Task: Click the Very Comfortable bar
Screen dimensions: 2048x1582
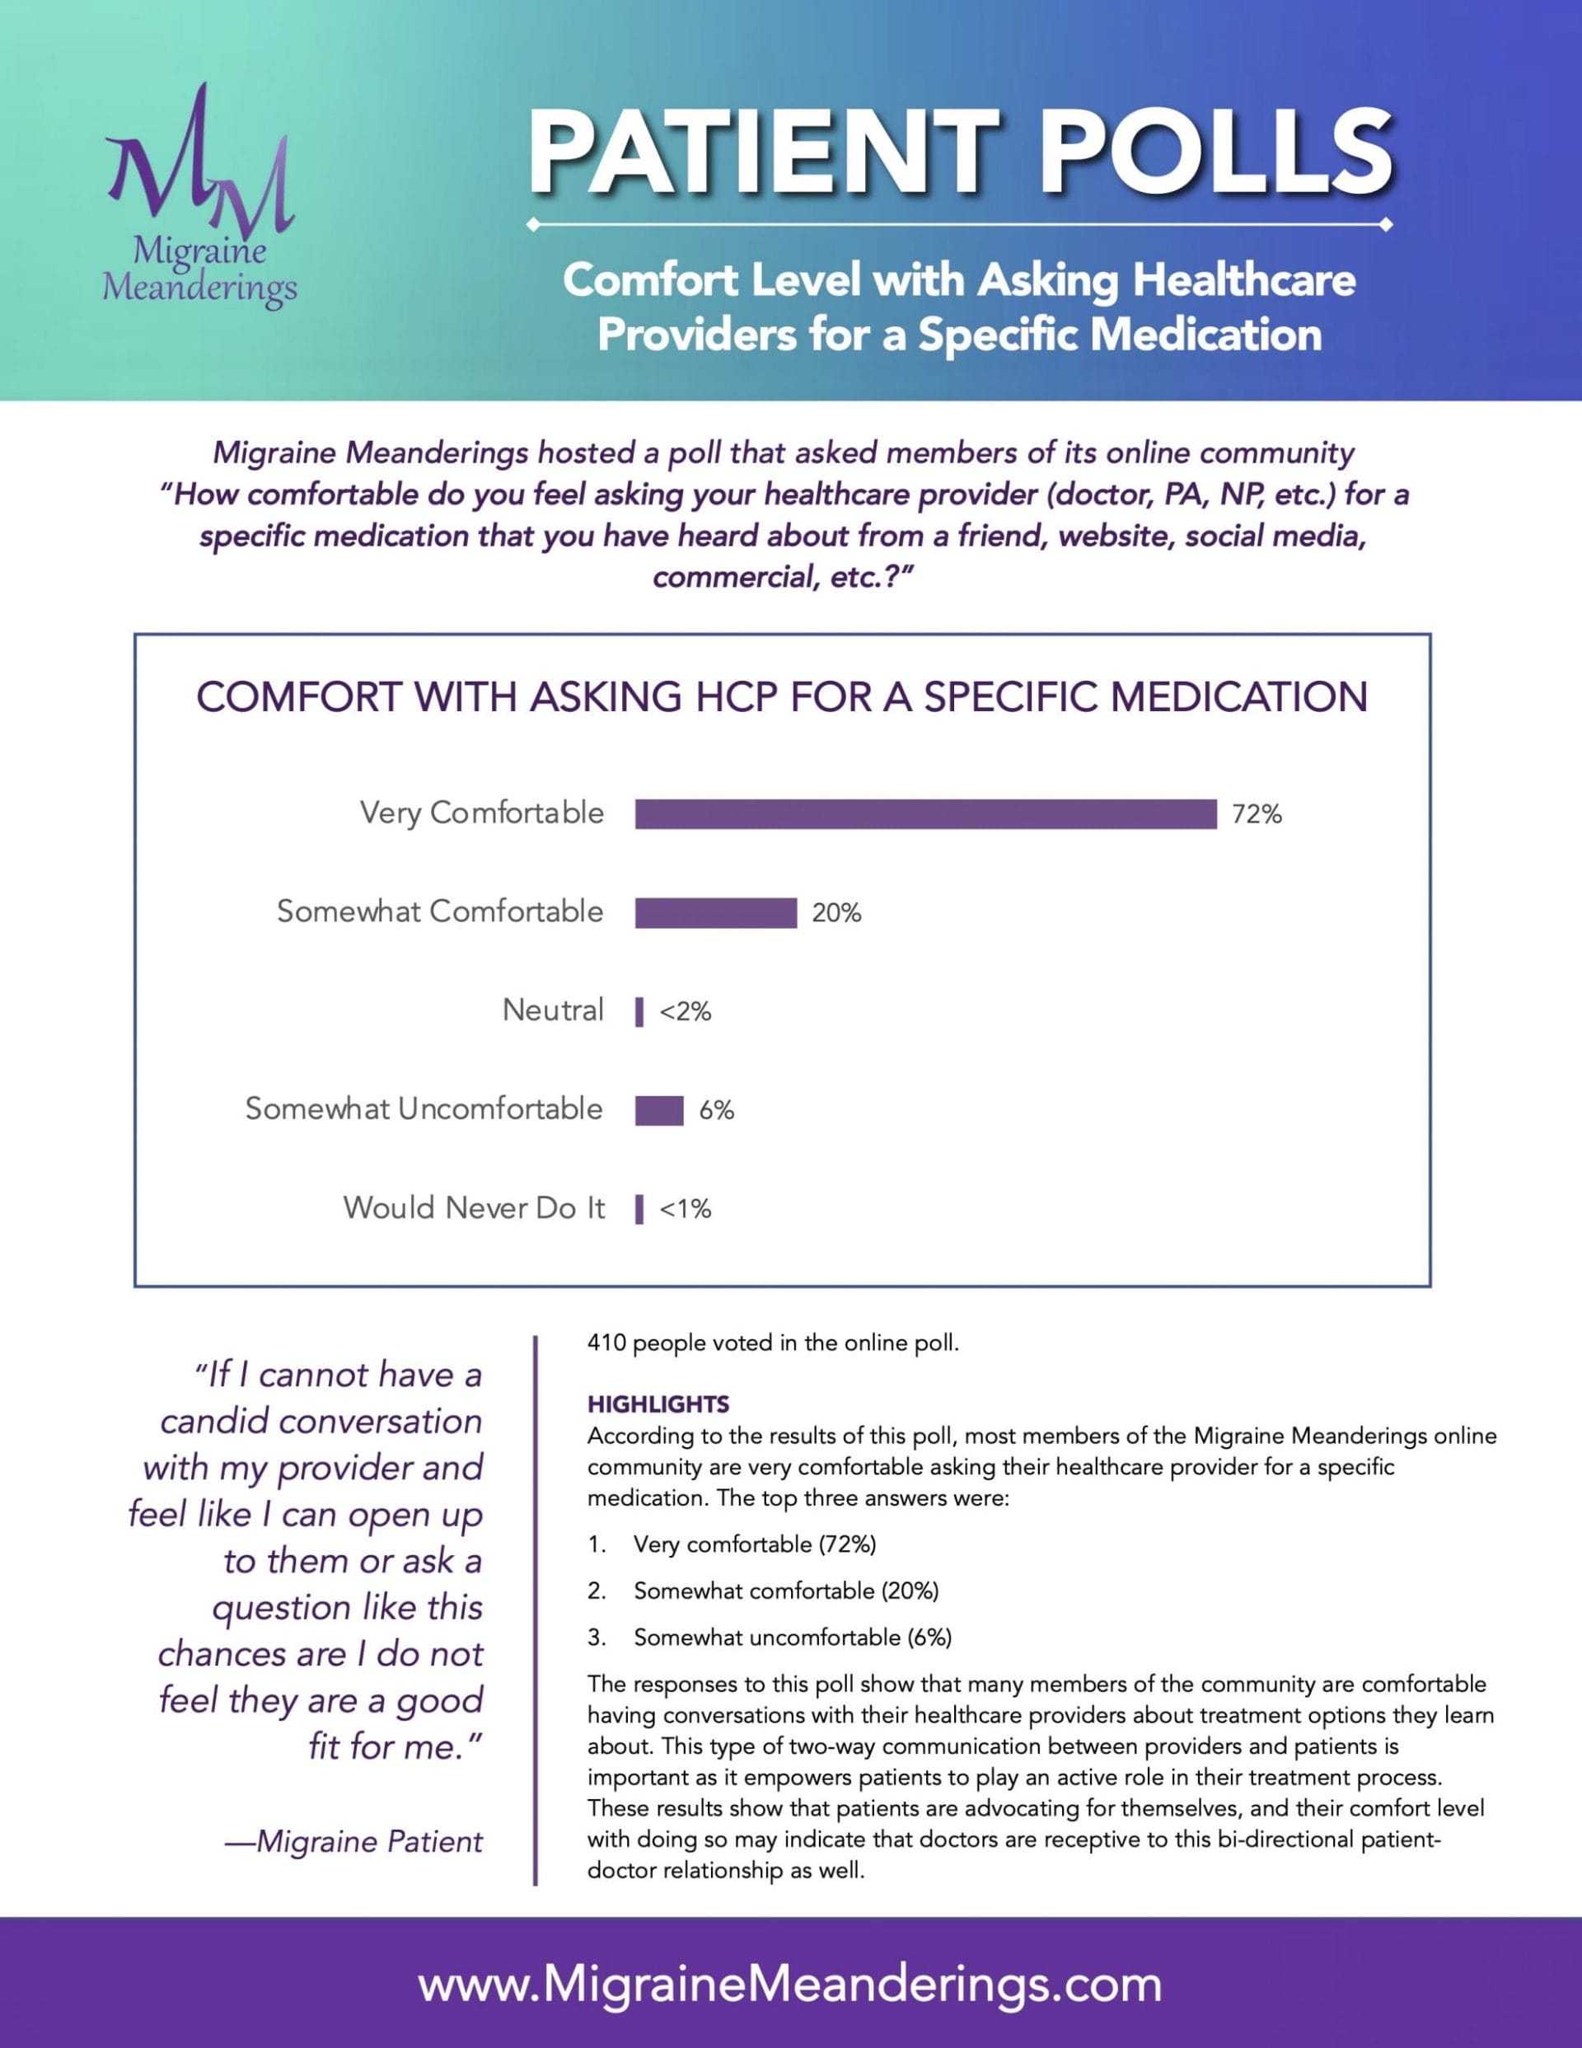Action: click(925, 814)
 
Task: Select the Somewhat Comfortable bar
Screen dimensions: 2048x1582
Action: click(715, 912)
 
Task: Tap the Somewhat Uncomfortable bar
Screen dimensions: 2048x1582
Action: click(659, 1110)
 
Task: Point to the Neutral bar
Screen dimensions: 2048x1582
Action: click(639, 1012)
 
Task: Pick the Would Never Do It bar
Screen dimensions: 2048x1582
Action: click(639, 1209)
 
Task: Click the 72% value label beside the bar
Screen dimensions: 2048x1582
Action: click(1257, 814)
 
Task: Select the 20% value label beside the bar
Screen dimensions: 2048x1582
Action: click(836, 912)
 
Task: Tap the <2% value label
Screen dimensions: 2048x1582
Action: click(686, 1012)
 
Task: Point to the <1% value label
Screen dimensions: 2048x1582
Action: click(686, 1209)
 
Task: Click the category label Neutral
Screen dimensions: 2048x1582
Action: click(553, 1010)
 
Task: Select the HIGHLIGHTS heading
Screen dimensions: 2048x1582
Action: click(658, 1404)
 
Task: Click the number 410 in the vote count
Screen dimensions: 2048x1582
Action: click(606, 1343)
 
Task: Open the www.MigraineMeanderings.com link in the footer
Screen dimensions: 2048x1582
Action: click(790, 1985)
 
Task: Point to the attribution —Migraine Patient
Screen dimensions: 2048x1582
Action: click(354, 1841)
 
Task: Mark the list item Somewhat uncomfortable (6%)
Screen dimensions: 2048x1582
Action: click(793, 1638)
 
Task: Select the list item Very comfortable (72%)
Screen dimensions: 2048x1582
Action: click(755, 1544)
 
